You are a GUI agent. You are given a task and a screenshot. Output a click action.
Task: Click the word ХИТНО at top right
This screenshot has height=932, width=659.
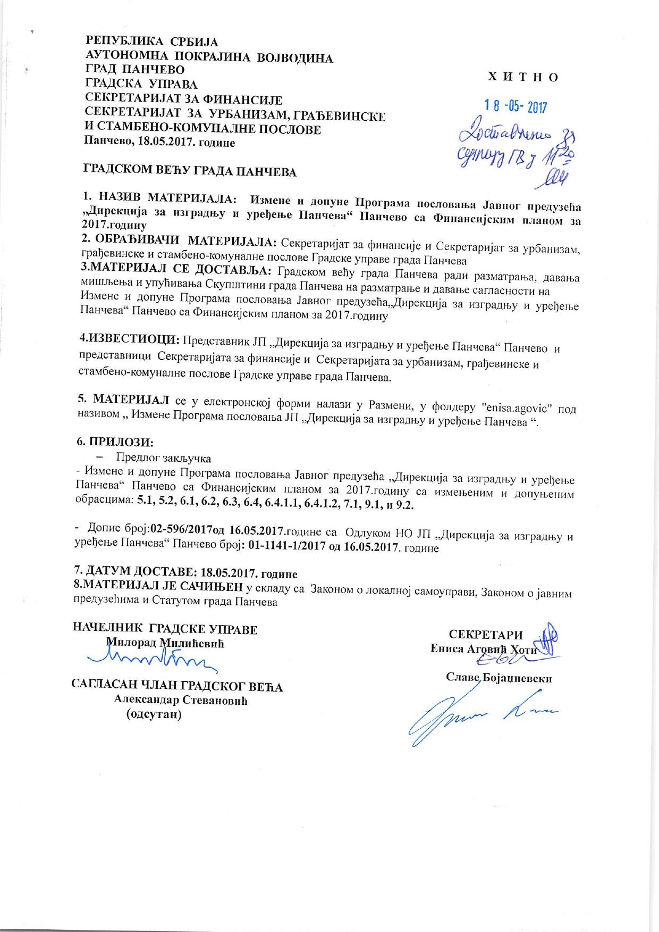click(x=523, y=77)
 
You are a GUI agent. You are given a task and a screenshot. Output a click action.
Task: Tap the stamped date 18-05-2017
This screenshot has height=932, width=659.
click(x=515, y=106)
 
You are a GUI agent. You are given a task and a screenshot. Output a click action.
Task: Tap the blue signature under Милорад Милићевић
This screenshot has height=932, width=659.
click(x=154, y=660)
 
